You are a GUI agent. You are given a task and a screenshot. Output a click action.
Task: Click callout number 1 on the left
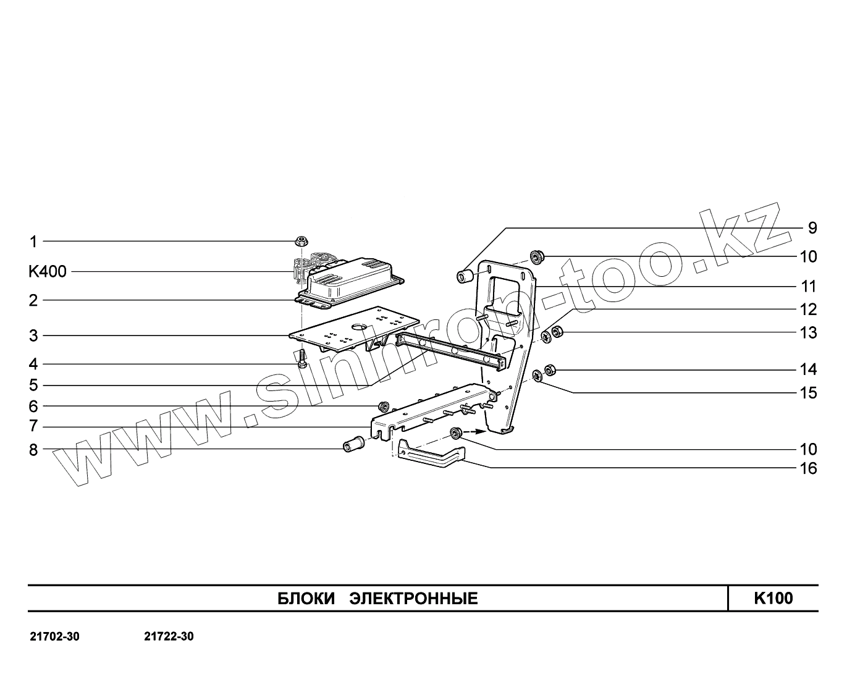point(33,241)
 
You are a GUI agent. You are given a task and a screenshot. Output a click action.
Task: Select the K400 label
point(47,271)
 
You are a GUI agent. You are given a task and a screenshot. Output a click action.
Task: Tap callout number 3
point(33,336)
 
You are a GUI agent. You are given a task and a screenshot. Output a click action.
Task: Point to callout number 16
point(808,468)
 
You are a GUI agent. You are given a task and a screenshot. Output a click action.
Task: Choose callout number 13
point(808,333)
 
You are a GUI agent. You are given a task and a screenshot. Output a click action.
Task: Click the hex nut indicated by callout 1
point(302,240)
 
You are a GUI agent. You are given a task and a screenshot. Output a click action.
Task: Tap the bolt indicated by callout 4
point(301,358)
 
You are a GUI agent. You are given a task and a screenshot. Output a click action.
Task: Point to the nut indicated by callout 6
point(384,406)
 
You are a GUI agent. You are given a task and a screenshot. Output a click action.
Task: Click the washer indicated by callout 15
point(537,374)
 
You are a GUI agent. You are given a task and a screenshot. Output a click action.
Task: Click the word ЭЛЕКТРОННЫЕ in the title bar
point(413,598)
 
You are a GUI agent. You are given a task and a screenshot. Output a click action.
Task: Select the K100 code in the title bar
point(773,598)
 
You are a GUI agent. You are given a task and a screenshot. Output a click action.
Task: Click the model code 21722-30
point(169,636)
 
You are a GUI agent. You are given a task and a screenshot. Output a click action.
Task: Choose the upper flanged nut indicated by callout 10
point(536,255)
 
